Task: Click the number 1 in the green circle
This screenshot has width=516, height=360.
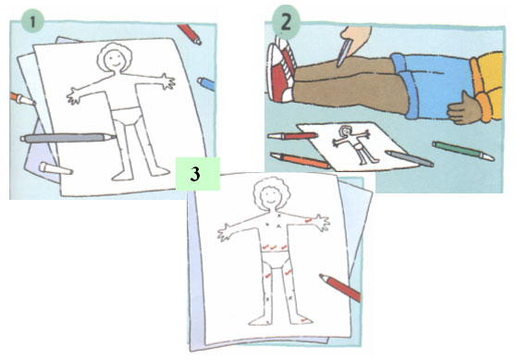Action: coord(32,21)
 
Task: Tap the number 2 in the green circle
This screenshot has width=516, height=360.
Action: coord(286,22)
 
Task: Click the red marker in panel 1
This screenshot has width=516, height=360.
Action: coord(190,34)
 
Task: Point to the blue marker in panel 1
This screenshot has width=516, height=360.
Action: coord(206,83)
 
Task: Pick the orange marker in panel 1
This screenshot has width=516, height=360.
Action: coord(22,99)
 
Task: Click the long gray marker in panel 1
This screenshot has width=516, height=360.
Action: coord(68,137)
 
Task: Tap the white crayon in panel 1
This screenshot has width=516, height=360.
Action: coord(55,168)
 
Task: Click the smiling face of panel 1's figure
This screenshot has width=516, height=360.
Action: coord(114,60)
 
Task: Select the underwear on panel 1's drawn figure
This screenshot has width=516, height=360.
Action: coord(128,117)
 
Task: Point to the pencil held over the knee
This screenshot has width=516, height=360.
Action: coord(344,53)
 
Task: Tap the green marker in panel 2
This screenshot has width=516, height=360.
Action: coord(463,151)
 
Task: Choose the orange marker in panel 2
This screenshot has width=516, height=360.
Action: coord(301,160)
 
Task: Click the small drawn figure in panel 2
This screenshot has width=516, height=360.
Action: coord(351,144)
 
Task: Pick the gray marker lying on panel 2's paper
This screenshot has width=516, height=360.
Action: coord(410,159)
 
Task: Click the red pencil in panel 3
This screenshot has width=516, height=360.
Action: coord(340,288)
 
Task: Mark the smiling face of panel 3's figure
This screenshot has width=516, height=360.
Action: coord(270,196)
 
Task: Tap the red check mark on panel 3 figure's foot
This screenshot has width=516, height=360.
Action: coord(304,320)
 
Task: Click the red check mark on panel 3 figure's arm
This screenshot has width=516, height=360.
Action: coord(308,220)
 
